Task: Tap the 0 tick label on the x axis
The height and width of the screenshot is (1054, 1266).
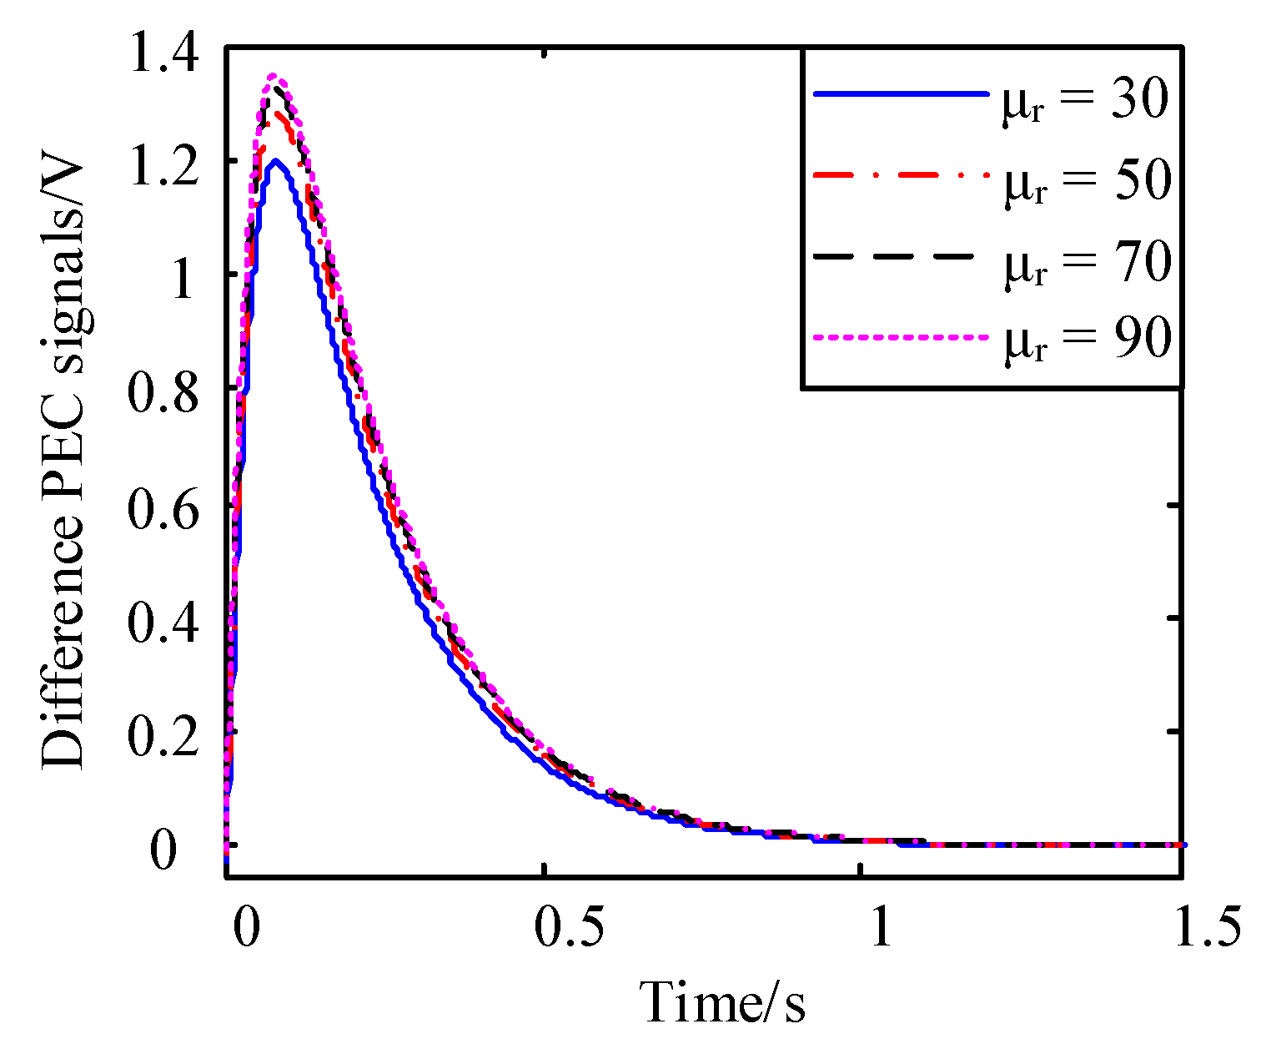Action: [x=244, y=929]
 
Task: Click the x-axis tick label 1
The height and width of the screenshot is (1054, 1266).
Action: [x=881, y=929]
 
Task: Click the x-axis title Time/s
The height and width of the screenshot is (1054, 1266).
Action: [x=722, y=1002]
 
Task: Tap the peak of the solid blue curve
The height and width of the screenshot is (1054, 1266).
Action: [x=274, y=160]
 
